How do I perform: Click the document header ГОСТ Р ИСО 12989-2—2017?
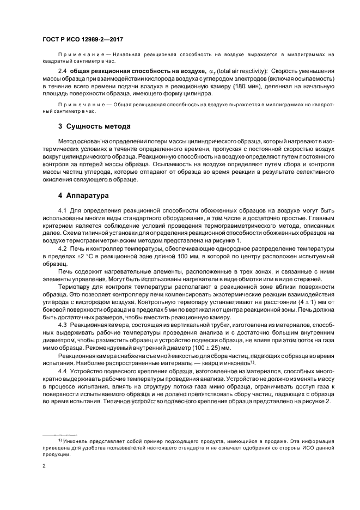(x=82, y=40)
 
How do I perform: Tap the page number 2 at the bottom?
(x=44, y=466)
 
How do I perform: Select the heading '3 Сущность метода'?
(x=94, y=126)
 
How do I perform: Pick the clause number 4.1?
(x=63, y=210)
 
